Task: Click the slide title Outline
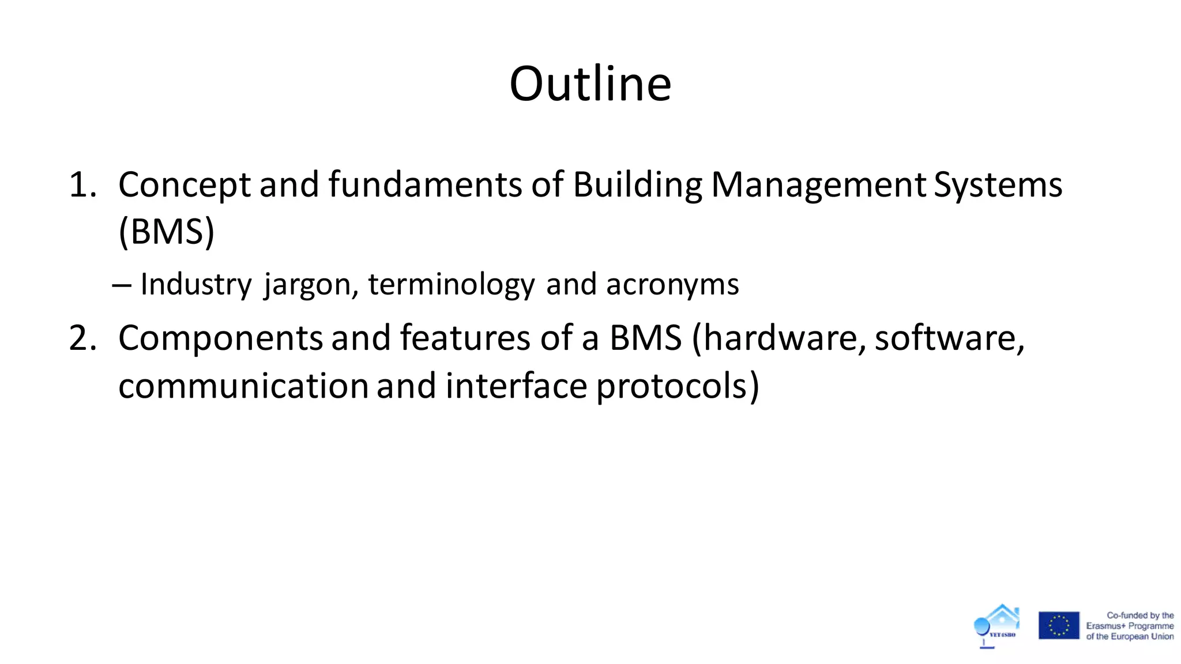590,84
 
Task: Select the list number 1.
82,185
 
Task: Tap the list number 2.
82,338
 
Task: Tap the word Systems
998,185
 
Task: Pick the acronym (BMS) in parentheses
166,232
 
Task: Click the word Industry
196,284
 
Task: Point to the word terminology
452,284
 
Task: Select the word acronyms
672,284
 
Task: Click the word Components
220,338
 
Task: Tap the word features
465,338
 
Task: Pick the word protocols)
678,386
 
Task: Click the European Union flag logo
1059,625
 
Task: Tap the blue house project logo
997,625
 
